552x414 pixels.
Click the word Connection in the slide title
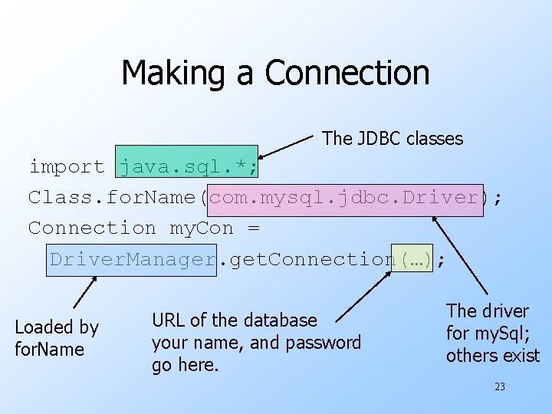[347, 73]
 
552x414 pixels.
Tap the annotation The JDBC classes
[393, 139]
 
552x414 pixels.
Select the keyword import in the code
[67, 166]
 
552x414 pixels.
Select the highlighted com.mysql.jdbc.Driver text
[344, 197]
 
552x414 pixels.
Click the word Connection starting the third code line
[91, 228]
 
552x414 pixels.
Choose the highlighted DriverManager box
[133, 259]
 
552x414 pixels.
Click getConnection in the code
[311, 259]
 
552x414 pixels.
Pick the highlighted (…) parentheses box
[414, 259]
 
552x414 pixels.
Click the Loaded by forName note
[57, 338]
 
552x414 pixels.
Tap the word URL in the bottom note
[168, 320]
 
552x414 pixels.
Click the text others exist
[492, 356]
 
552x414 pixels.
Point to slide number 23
[499, 387]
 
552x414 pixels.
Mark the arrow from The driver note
[461, 256]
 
